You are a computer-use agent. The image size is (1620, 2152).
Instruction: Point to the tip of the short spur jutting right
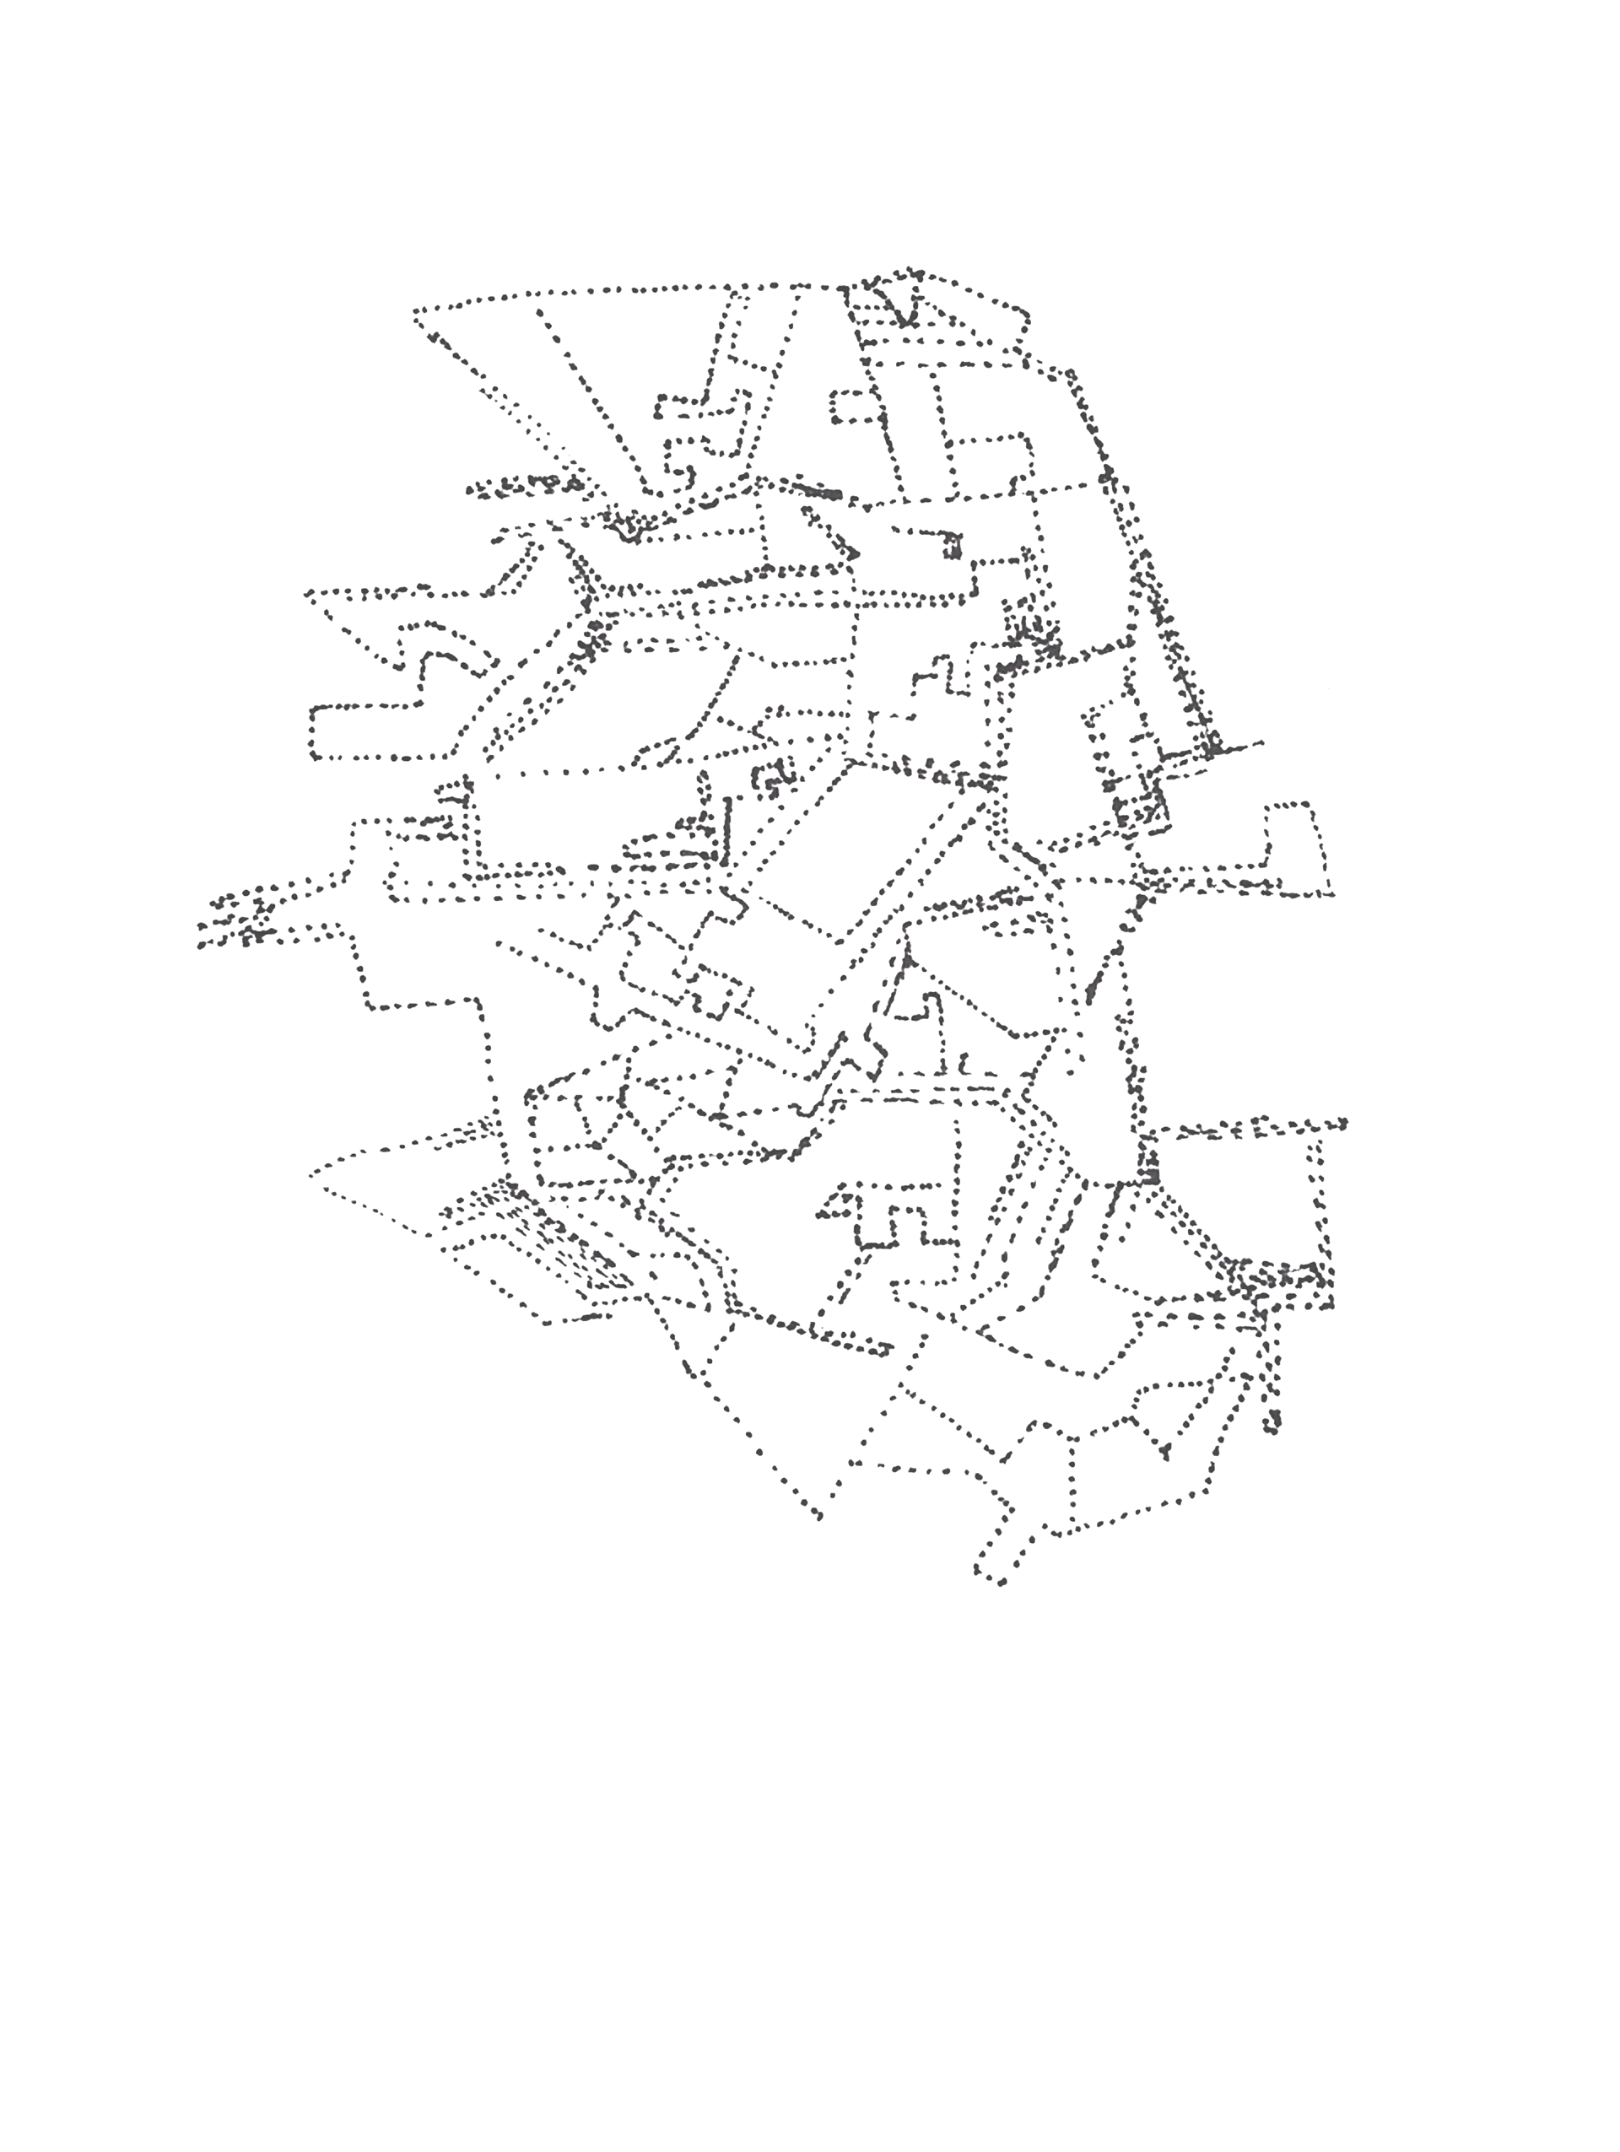coord(1262,743)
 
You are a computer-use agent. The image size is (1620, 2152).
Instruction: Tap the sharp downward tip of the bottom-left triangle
coord(818,1516)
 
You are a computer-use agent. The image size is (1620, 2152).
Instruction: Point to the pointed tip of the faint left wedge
coord(312,1174)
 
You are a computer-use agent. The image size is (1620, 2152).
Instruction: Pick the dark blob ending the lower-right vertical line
coord(1273,1427)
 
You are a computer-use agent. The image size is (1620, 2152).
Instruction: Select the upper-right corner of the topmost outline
coord(1028,313)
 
